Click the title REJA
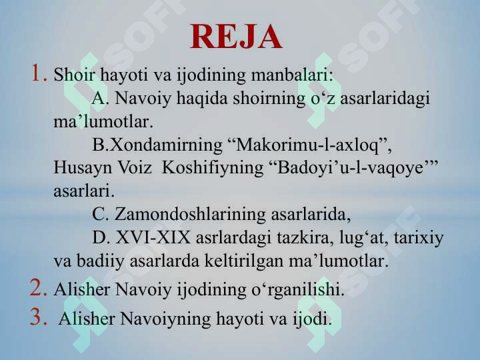236,37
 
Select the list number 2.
37,289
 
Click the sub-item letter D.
101,238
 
